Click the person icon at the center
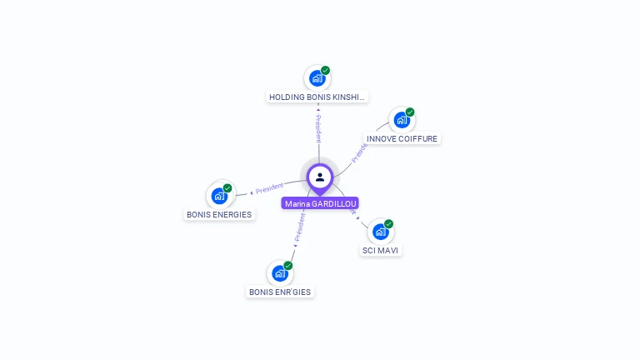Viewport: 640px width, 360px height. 320,177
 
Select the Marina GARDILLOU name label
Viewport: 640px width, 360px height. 320,203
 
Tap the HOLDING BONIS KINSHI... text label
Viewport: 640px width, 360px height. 317,97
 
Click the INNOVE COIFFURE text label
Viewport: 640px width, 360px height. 402,138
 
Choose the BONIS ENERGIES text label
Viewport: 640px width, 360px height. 219,214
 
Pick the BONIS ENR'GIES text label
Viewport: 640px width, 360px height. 280,292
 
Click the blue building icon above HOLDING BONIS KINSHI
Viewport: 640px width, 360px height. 317,78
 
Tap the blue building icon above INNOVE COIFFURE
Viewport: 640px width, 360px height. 402,120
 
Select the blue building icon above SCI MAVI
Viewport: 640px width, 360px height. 380,232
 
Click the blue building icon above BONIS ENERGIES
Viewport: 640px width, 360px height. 219,196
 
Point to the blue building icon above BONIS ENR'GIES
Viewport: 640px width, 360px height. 280,273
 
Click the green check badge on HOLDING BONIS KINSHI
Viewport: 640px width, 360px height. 326,70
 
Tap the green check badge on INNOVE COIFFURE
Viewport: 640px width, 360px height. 410,112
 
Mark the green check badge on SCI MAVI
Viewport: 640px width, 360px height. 388,223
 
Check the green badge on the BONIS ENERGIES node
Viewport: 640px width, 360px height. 227,187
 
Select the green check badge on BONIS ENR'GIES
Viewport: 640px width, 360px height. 288,265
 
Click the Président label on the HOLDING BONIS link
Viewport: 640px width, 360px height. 317,129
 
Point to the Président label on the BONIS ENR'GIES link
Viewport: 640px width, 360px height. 299,227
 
